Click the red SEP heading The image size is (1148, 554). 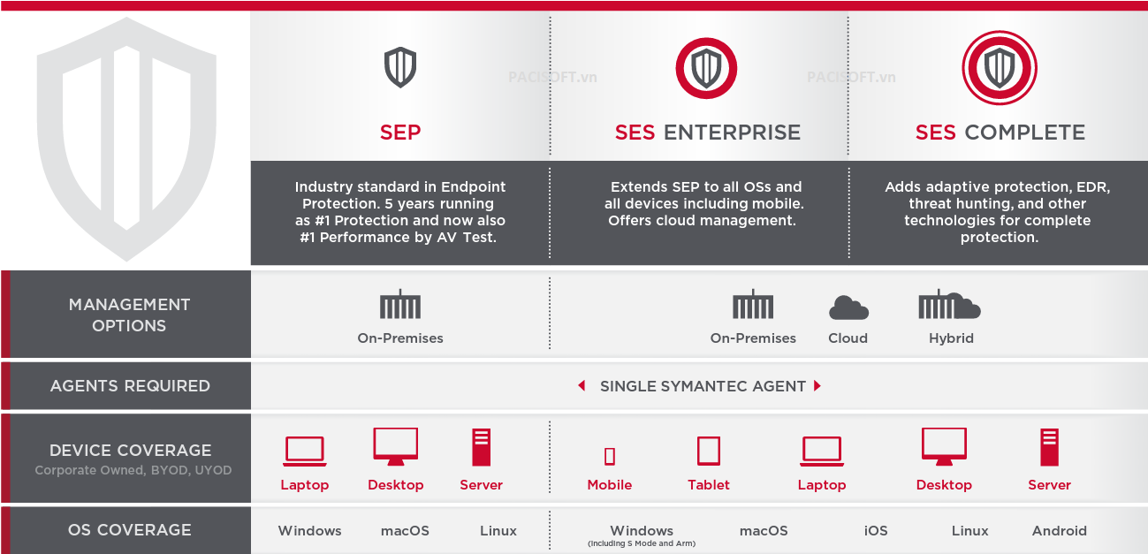pyautogui.click(x=400, y=133)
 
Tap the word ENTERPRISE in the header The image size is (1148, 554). pyautogui.click(x=732, y=133)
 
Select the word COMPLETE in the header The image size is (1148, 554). pyautogui.click(x=1025, y=133)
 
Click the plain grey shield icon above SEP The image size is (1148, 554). pyautogui.click(x=400, y=67)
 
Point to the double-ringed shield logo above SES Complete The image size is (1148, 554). pyautogui.click(x=1000, y=68)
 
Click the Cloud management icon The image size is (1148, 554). pyautogui.click(x=848, y=307)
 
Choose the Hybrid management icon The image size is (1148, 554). pyautogui.click(x=949, y=305)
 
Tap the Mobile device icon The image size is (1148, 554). pyautogui.click(x=610, y=456)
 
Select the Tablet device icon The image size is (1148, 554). pyautogui.click(x=709, y=451)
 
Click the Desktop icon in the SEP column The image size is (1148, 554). pyautogui.click(x=396, y=446)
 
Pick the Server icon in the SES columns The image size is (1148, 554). pyautogui.click(x=1049, y=447)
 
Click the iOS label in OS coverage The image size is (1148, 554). pyautogui.click(x=876, y=530)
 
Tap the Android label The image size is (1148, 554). pyautogui.click(x=1060, y=530)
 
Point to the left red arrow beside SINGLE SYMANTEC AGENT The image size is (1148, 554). pyautogui.click(x=582, y=385)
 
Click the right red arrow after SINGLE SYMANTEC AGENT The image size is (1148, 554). pyautogui.click(x=817, y=385)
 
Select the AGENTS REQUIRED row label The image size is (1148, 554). pyautogui.click(x=130, y=385)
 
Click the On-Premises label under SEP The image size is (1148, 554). pyautogui.click(x=400, y=338)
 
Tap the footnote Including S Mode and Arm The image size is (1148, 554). pyautogui.click(x=642, y=543)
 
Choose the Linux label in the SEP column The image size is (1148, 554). pyautogui.click(x=498, y=530)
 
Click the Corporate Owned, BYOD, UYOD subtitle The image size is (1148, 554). pyautogui.click(x=133, y=470)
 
